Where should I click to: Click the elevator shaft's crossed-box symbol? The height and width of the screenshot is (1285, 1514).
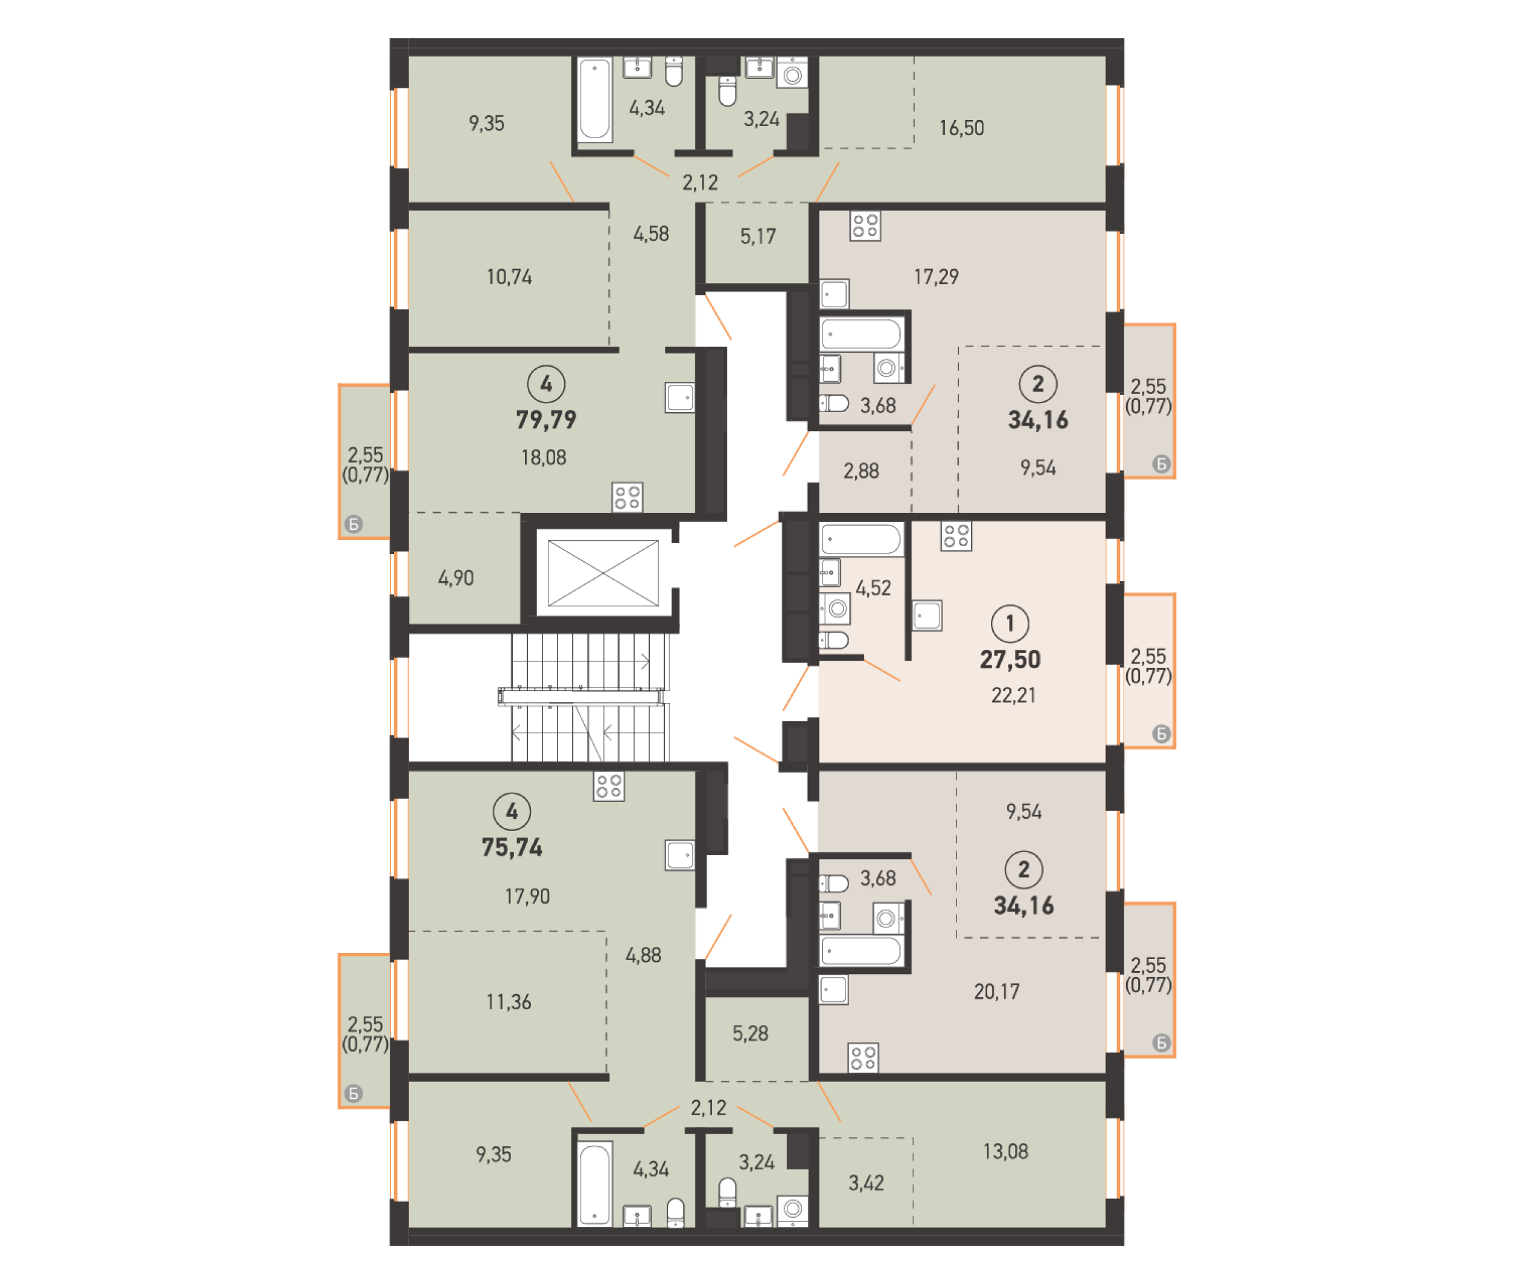[x=602, y=573]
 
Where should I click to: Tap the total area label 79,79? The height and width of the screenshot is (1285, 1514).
[x=545, y=419]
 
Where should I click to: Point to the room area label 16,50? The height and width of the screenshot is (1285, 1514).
[x=961, y=128]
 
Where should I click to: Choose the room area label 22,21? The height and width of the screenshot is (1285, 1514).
[x=1012, y=695]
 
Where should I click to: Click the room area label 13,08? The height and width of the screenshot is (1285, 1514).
[x=1005, y=1152]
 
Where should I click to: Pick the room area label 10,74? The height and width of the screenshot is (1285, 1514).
[x=509, y=277]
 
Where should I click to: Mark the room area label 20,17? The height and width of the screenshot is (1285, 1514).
[x=996, y=992]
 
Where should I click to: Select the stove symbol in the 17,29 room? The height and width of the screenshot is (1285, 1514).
[x=864, y=226]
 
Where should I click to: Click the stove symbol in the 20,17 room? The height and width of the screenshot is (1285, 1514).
[x=863, y=1058]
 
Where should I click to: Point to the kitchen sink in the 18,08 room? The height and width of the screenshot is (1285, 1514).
[x=679, y=398]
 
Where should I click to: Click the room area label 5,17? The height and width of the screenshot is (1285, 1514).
[x=758, y=237]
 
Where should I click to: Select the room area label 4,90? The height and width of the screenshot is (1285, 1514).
[x=455, y=578]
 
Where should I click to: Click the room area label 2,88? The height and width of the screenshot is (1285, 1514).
[x=861, y=472]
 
